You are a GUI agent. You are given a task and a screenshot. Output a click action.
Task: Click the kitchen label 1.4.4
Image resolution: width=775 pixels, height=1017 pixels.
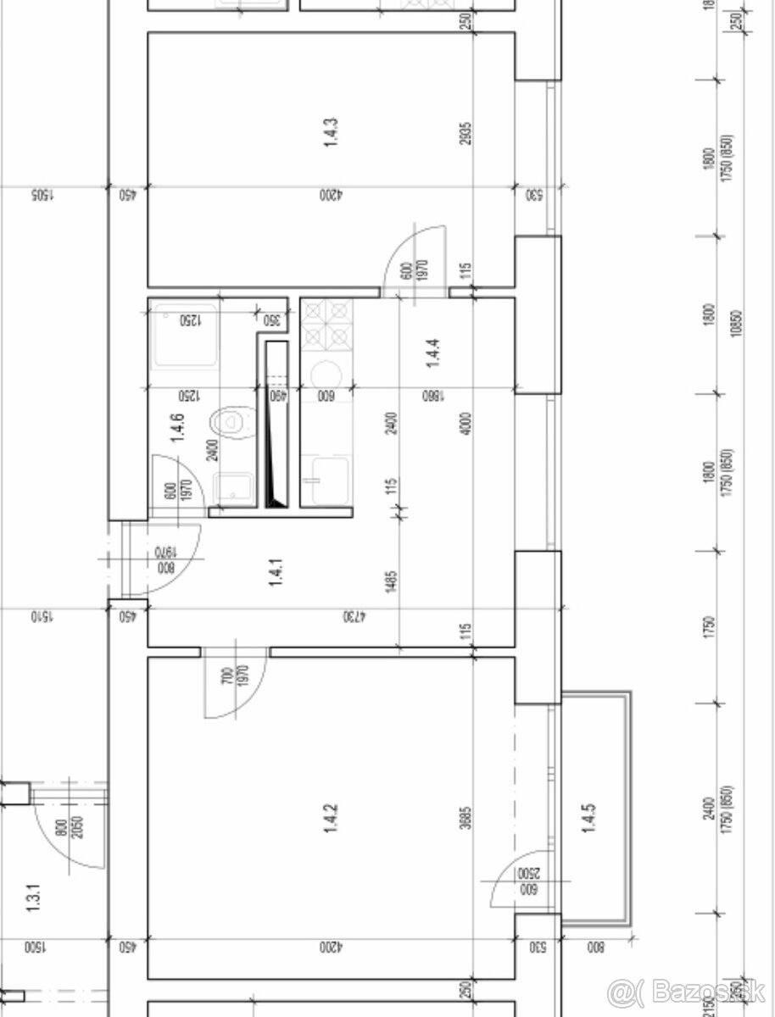click(x=432, y=352)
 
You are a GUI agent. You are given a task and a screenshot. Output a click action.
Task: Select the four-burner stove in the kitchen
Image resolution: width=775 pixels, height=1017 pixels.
click(x=327, y=325)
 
